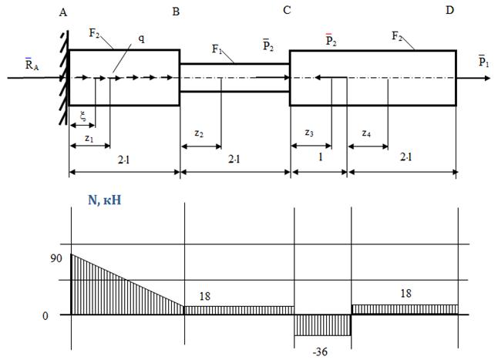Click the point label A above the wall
(x=63, y=12)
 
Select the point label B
(x=176, y=12)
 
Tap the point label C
(x=287, y=11)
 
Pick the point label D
(x=449, y=10)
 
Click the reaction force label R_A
(x=32, y=64)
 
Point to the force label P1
(x=483, y=61)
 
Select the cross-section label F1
(x=217, y=49)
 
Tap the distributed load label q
(x=141, y=39)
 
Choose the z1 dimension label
(x=89, y=138)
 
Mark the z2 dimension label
(x=199, y=133)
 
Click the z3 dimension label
(x=309, y=133)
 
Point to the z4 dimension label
(x=366, y=133)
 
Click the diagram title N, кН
(x=105, y=200)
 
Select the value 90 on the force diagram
(x=56, y=258)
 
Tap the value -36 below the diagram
(x=320, y=352)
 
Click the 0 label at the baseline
(x=45, y=316)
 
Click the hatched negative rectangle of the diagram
(x=322, y=325)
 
